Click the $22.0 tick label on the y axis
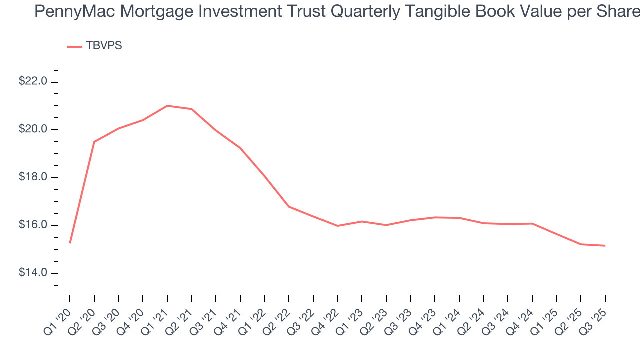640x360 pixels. (33, 81)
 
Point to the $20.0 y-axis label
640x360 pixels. (33, 129)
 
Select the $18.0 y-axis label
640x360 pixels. (33, 177)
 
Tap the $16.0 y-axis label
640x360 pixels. (33, 225)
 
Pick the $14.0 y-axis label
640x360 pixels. (33, 273)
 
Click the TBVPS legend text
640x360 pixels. (104, 46)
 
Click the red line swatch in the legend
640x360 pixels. (75, 46)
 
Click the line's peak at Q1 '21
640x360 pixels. (167, 106)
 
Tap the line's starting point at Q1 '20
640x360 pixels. (70, 243)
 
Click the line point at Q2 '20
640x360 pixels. (94, 142)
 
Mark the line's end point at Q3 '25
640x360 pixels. (605, 245)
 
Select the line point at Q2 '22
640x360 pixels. (289, 206)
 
